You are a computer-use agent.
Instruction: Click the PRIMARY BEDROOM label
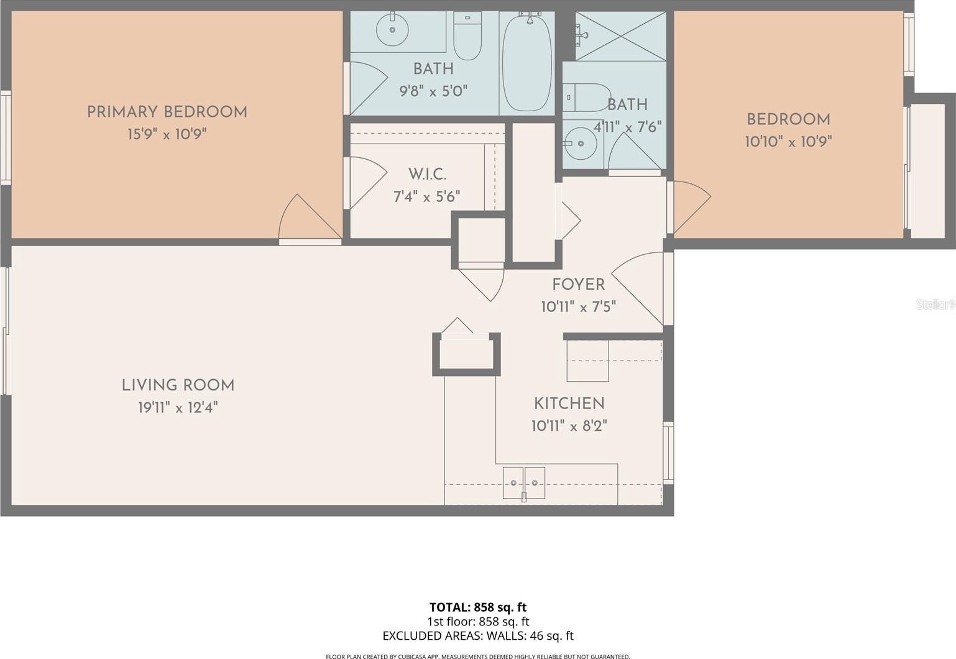coord(167,113)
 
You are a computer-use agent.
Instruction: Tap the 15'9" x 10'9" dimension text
coord(167,134)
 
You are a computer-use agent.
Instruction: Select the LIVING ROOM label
coord(178,385)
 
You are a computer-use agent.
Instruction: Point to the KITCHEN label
coord(569,403)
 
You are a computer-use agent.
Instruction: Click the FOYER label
coord(578,285)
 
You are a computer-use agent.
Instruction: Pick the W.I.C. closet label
coord(427,175)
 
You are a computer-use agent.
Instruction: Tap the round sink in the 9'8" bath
coord(392,29)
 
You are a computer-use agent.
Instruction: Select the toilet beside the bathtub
coord(467,36)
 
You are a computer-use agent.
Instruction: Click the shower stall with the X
coord(620,36)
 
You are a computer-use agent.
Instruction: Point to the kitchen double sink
coord(523,483)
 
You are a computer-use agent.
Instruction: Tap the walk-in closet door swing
coord(366,183)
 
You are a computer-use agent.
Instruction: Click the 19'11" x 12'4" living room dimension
coord(178,408)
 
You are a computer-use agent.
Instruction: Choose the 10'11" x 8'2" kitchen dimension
coord(569,426)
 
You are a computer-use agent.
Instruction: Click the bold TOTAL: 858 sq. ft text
coord(478,607)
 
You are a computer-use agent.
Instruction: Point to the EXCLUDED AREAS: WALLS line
coord(478,636)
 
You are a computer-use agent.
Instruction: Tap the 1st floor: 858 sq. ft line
coord(478,622)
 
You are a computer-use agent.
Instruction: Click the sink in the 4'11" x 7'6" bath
coord(580,144)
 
